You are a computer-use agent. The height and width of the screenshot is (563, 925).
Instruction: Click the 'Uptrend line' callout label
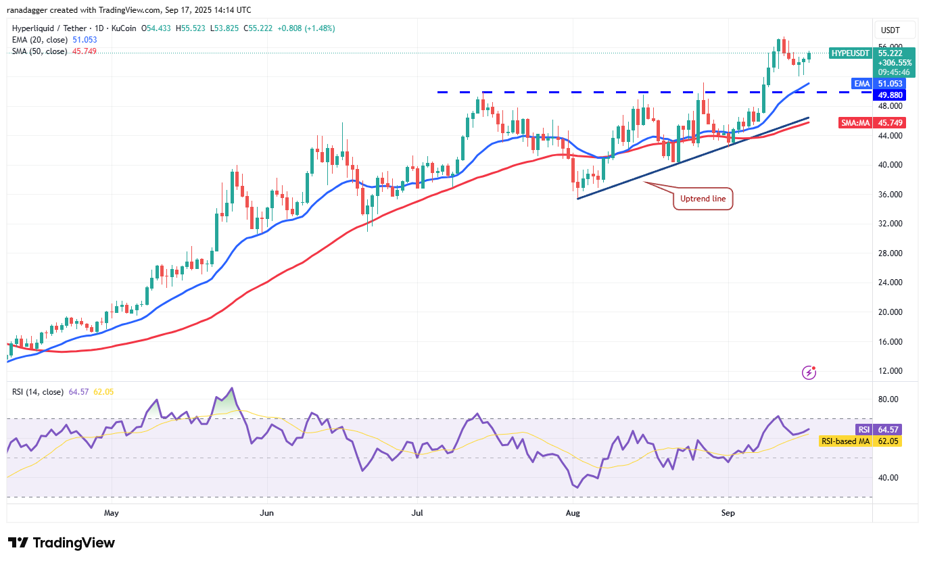pyautogui.click(x=703, y=199)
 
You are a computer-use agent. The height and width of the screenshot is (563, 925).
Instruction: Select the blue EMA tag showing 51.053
pyautogui.click(x=861, y=83)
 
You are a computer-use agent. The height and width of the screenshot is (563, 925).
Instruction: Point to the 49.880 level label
pyautogui.click(x=890, y=95)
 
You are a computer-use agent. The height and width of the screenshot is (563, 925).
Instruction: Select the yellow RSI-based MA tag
pyautogui.click(x=845, y=441)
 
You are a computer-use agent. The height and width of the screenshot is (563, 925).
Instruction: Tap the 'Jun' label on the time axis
pyautogui.click(x=267, y=513)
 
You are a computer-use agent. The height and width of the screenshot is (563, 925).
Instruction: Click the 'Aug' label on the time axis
pyautogui.click(x=573, y=513)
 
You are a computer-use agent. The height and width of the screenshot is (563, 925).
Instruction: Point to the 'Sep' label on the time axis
pyautogui.click(x=728, y=513)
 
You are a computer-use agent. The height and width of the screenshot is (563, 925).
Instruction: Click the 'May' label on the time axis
pyautogui.click(x=112, y=513)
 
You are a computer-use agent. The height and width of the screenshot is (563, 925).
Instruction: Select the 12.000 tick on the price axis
pyautogui.click(x=889, y=371)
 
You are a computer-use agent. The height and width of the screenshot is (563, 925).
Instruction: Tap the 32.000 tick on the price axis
pyautogui.click(x=889, y=224)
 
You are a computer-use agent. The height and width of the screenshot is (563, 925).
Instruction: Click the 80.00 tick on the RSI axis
pyautogui.click(x=888, y=399)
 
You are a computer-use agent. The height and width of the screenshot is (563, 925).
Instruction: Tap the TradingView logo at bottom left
pyautogui.click(x=62, y=543)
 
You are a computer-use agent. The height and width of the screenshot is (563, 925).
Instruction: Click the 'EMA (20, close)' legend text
pyautogui.click(x=39, y=40)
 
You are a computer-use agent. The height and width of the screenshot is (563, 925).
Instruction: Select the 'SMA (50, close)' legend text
pyautogui.click(x=39, y=51)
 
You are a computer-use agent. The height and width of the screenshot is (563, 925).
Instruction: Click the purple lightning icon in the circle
pyautogui.click(x=809, y=372)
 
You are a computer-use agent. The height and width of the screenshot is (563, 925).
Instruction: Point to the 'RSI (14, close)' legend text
pyautogui.click(x=38, y=392)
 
